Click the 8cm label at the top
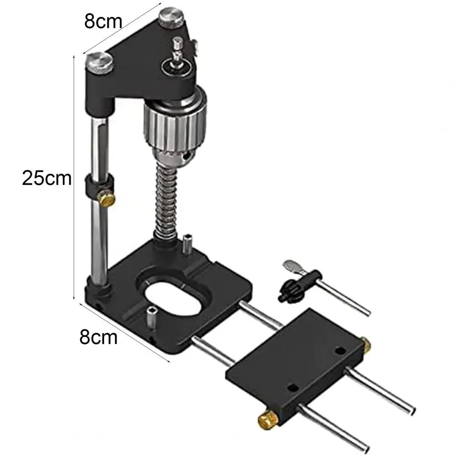tap(104, 22)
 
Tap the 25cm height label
tap(47, 178)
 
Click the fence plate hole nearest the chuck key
tap(340, 351)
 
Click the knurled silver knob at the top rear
tap(172, 18)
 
